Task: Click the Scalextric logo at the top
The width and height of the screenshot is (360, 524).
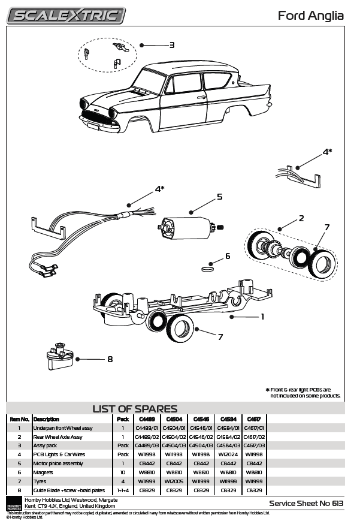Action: pos(66,15)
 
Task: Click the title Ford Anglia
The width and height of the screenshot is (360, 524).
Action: pos(310,16)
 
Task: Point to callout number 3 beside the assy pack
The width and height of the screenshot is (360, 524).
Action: pos(171,45)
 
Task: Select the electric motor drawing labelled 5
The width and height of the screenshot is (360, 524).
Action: pos(189,227)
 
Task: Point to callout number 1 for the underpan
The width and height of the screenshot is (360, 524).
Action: pos(262,317)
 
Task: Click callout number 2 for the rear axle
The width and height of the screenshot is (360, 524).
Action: pos(301,218)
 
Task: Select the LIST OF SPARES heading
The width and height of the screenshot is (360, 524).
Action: pos(135,409)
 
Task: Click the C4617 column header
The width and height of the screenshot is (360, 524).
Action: pos(254,419)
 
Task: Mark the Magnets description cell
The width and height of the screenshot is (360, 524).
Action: pos(44,472)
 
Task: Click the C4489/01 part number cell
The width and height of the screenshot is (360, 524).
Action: pos(147,428)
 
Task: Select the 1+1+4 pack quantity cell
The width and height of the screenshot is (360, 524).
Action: pos(123,490)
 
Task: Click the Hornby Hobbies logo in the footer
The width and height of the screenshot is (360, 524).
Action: pos(14,502)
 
